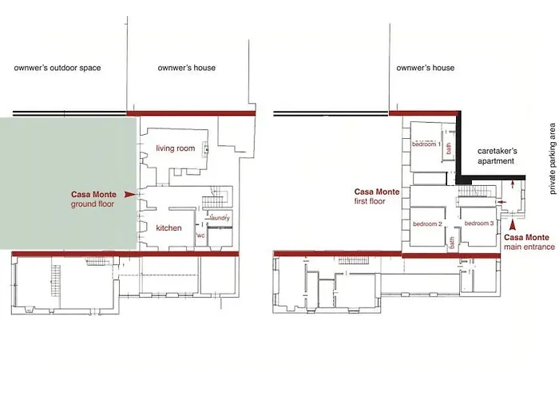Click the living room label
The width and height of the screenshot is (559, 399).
pyautogui.click(x=176, y=148)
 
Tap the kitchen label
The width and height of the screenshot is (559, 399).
pyautogui.click(x=168, y=228)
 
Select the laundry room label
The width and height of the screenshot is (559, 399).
pyautogui.click(x=220, y=218)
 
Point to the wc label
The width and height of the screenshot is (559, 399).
pyautogui.click(x=200, y=235)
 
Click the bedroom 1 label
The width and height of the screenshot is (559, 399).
pyautogui.click(x=426, y=144)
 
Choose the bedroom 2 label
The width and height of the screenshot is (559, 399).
pyautogui.click(x=427, y=224)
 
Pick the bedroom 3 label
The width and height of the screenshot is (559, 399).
pyautogui.click(x=479, y=223)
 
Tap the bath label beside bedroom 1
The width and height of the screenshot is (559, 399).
pyautogui.click(x=449, y=148)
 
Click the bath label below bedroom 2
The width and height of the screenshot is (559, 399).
pyautogui.click(x=452, y=243)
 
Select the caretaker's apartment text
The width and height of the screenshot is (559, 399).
pyautogui.click(x=497, y=156)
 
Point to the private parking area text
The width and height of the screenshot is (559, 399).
pyautogui.click(x=553, y=159)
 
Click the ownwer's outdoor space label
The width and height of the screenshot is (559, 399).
pyautogui.click(x=57, y=68)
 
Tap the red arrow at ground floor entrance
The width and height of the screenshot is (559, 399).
pyautogui.click(x=129, y=195)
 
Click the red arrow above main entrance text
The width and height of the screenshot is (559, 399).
pyautogui.click(x=513, y=226)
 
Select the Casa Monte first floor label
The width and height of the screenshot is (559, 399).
pyautogui.click(x=377, y=196)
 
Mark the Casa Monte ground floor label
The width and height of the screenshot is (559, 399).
pyautogui.click(x=93, y=199)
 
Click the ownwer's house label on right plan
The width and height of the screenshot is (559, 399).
pyautogui.click(x=426, y=68)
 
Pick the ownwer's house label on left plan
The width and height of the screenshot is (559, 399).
pyautogui.click(x=186, y=68)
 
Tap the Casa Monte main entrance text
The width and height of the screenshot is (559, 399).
pyautogui.click(x=529, y=242)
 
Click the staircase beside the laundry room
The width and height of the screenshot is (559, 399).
pyautogui.click(x=216, y=197)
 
